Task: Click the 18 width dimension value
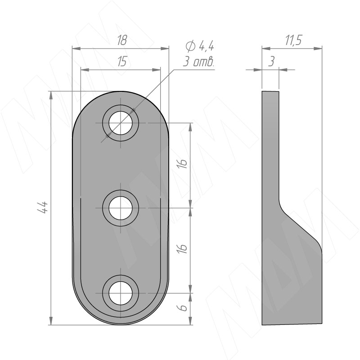(x=122, y=40)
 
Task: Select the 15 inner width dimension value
(x=122, y=62)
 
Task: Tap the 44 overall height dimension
(x=43, y=208)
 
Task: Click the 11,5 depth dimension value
(x=293, y=40)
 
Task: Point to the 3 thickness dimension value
(x=271, y=61)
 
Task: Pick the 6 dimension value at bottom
(x=183, y=308)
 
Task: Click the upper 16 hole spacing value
(x=183, y=163)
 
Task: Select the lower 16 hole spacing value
(x=183, y=248)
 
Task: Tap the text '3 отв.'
(x=198, y=62)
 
